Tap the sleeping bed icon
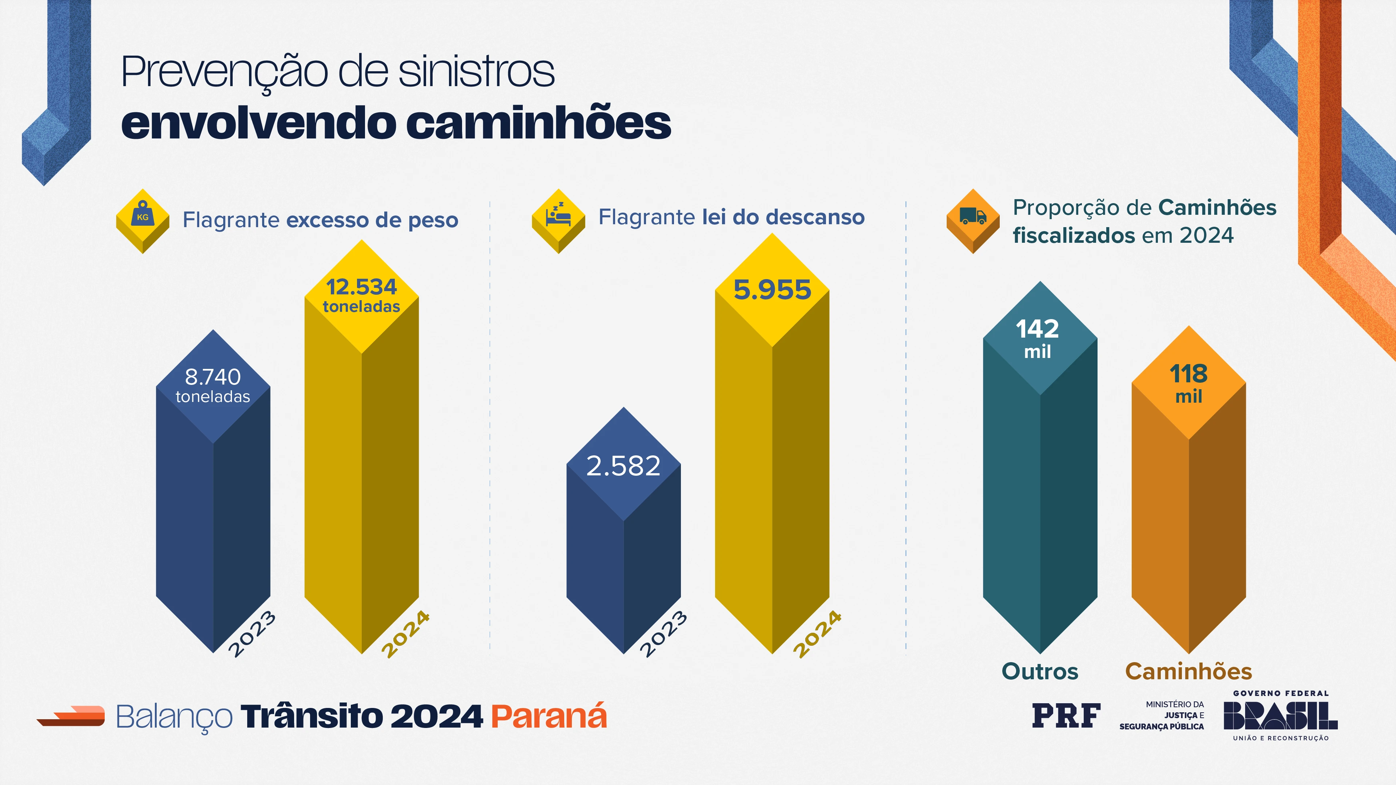[x=558, y=217]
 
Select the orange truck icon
[x=973, y=217]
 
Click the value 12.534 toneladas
[x=361, y=295]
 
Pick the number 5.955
[x=772, y=290]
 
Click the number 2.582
[x=623, y=466]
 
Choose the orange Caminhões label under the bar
[x=1188, y=671]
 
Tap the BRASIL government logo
[x=1280, y=716]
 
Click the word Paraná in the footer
[x=549, y=716]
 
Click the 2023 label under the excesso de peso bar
[x=252, y=633]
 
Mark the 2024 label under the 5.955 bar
[x=818, y=633]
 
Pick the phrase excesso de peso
[x=372, y=220]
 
